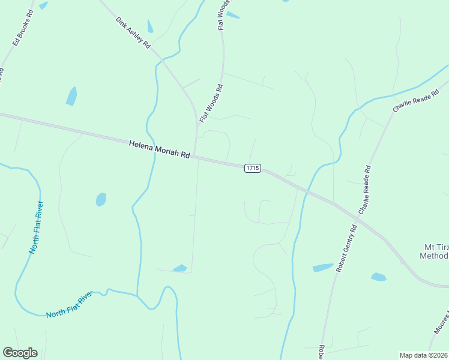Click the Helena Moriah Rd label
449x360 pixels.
click(x=159, y=150)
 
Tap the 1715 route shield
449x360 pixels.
click(x=252, y=168)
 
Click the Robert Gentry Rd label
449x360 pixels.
click(x=347, y=248)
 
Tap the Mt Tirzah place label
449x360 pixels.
click(x=433, y=251)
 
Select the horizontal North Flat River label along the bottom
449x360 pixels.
click(x=70, y=305)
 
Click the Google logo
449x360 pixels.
click(x=20, y=353)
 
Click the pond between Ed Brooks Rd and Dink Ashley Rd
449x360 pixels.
click(x=71, y=96)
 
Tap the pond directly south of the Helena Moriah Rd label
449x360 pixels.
click(x=101, y=199)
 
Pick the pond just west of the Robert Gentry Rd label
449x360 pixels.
click(x=323, y=268)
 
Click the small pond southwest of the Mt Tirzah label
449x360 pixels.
click(x=378, y=277)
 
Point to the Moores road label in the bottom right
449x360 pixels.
click(x=439, y=325)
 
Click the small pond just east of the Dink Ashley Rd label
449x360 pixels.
click(x=150, y=26)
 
